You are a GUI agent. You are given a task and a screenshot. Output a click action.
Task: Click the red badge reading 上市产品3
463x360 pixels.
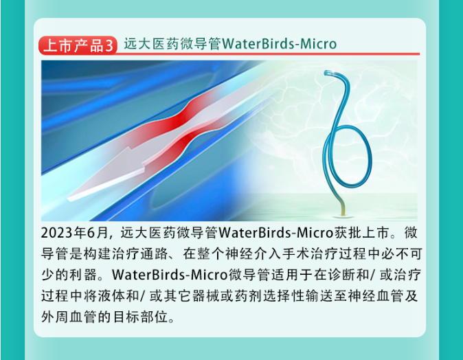78,45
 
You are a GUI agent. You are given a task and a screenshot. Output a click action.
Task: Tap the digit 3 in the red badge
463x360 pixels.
109,46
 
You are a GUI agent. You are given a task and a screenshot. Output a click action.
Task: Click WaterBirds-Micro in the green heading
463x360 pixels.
279,44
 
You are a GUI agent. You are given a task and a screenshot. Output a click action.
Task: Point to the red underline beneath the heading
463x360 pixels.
267,54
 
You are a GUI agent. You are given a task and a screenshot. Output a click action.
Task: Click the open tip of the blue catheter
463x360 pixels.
328,73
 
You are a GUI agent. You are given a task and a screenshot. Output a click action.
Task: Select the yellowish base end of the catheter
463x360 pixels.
343,210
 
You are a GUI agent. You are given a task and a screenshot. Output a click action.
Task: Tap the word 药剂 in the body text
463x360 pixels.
249,296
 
